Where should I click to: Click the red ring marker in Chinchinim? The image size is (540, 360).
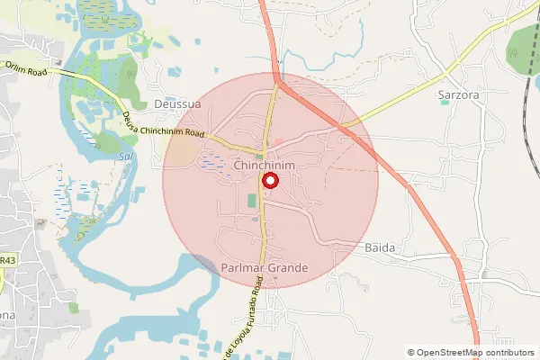pos(269,180)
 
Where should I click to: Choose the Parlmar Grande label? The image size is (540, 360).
pos(265,268)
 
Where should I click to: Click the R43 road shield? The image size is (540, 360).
pos(7,260)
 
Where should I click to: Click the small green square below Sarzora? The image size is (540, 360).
pos(445,103)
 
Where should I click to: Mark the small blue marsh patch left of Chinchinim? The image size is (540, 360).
pos(215,162)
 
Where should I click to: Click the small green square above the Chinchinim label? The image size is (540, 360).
pos(258,156)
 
